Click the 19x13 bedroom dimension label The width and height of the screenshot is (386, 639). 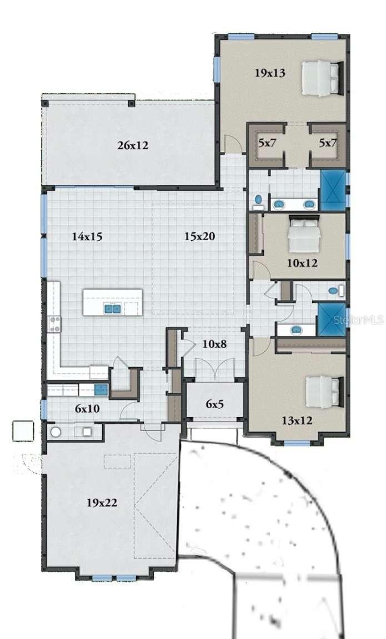[270, 73]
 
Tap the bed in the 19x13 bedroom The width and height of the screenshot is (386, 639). [322, 78]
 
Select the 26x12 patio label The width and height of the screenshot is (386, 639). [132, 146]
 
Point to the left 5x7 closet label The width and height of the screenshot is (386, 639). [267, 143]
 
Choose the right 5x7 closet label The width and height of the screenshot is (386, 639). [328, 143]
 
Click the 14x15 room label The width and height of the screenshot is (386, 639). [87, 236]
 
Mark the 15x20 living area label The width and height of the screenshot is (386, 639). [200, 236]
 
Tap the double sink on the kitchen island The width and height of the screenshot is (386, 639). [113, 308]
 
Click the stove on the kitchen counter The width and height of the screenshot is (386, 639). [54, 323]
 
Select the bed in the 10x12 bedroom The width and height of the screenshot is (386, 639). [304, 234]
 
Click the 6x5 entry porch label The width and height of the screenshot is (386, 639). [214, 404]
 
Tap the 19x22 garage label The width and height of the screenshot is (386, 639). [102, 503]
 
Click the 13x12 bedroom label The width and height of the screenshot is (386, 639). [296, 421]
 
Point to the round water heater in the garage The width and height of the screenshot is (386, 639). [56, 432]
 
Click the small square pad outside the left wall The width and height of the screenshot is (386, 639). [23, 431]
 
